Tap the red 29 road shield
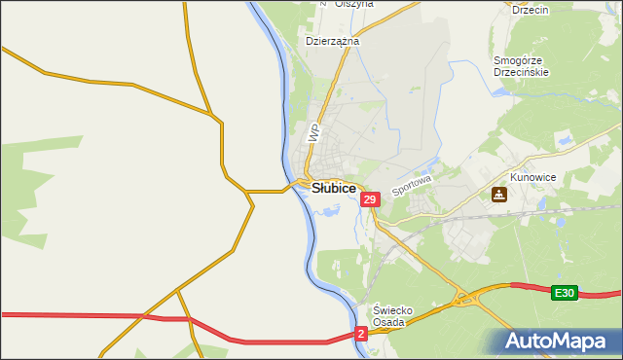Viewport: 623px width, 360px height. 369,199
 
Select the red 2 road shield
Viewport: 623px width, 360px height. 361,333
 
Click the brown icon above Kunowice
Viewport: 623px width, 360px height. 499,195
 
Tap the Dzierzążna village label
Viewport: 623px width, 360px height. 333,42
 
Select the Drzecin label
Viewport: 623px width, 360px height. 531,10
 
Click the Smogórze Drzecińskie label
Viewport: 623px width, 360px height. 523,65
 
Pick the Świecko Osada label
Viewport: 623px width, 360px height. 395,317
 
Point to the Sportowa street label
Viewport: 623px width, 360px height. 410,182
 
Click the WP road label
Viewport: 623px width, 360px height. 313,133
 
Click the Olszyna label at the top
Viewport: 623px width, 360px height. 353,4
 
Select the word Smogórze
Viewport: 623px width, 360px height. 523,59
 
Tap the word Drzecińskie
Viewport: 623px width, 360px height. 523,72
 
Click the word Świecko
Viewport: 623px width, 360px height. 395,310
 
